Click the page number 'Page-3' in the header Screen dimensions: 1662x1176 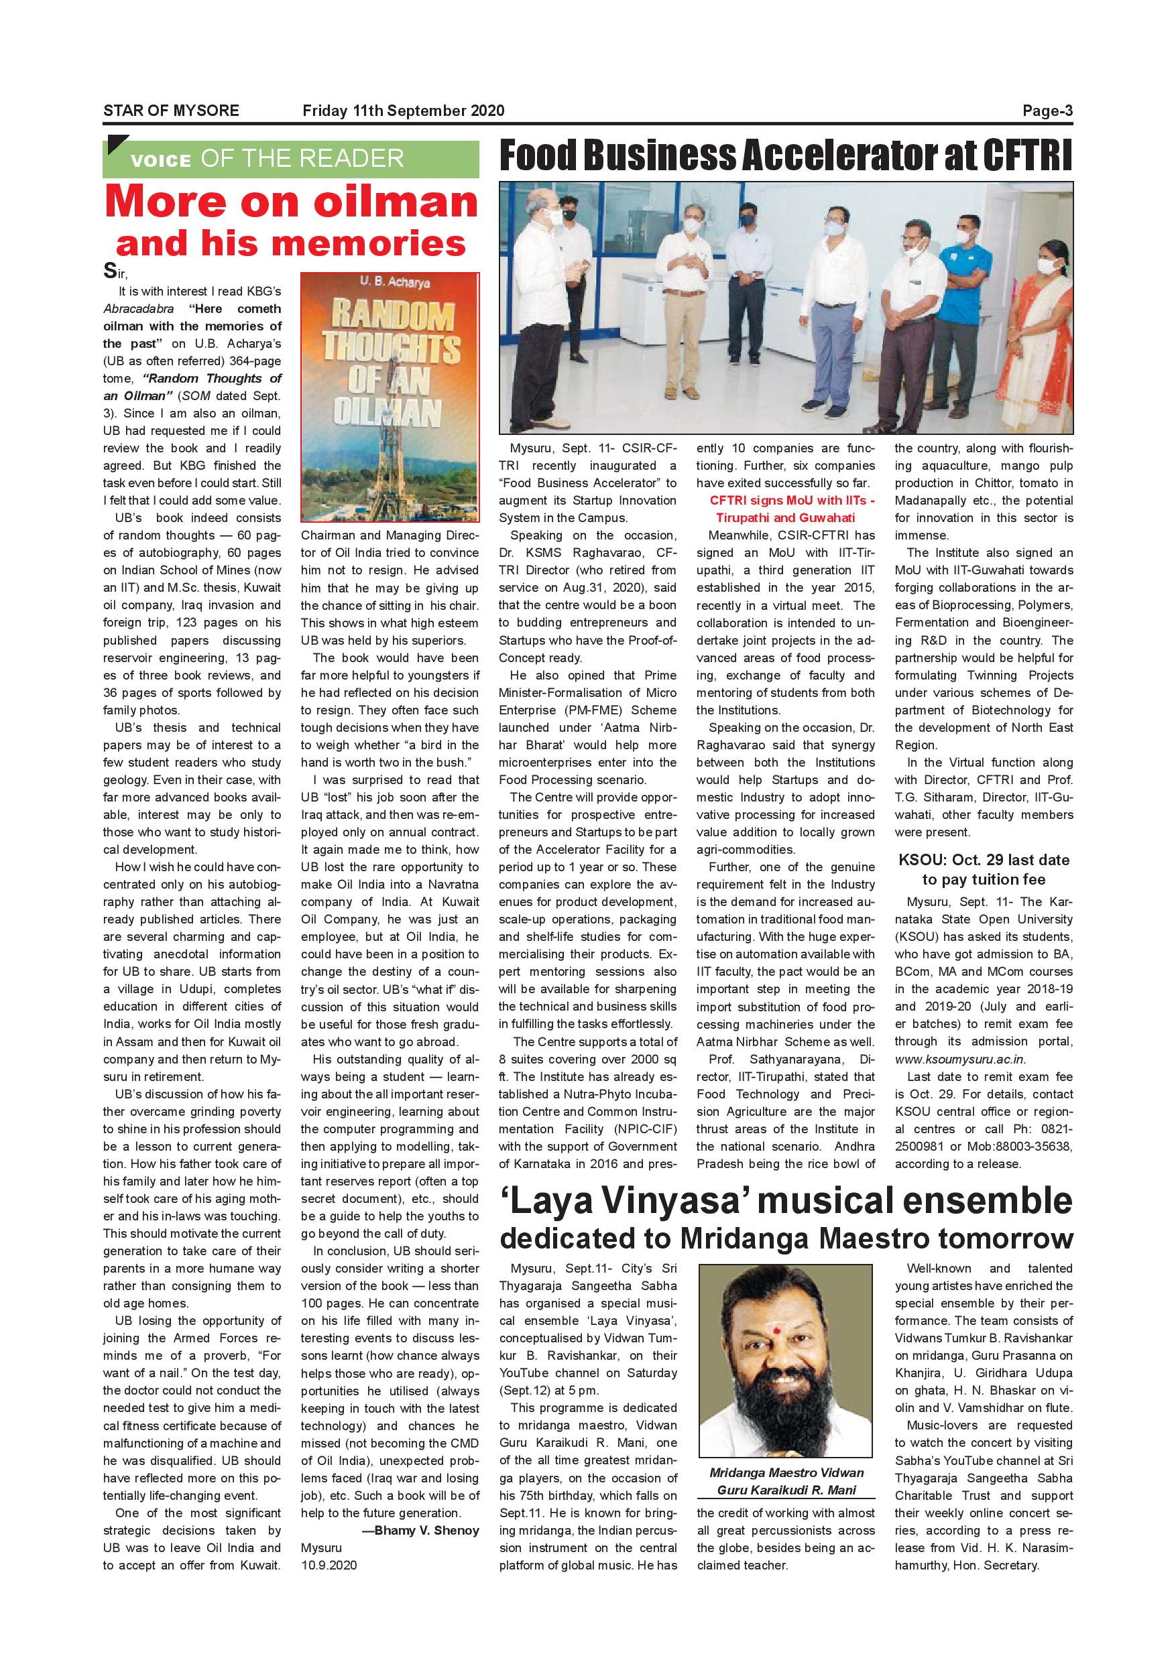tap(1047, 111)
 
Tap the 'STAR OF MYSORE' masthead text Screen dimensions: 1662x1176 tap(171, 111)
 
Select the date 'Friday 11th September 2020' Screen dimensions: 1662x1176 tap(404, 111)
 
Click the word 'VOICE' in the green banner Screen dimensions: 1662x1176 tap(161, 161)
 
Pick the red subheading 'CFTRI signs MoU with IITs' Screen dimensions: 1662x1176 tap(792, 500)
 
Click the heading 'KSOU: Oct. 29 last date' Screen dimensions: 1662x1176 tap(984, 860)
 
